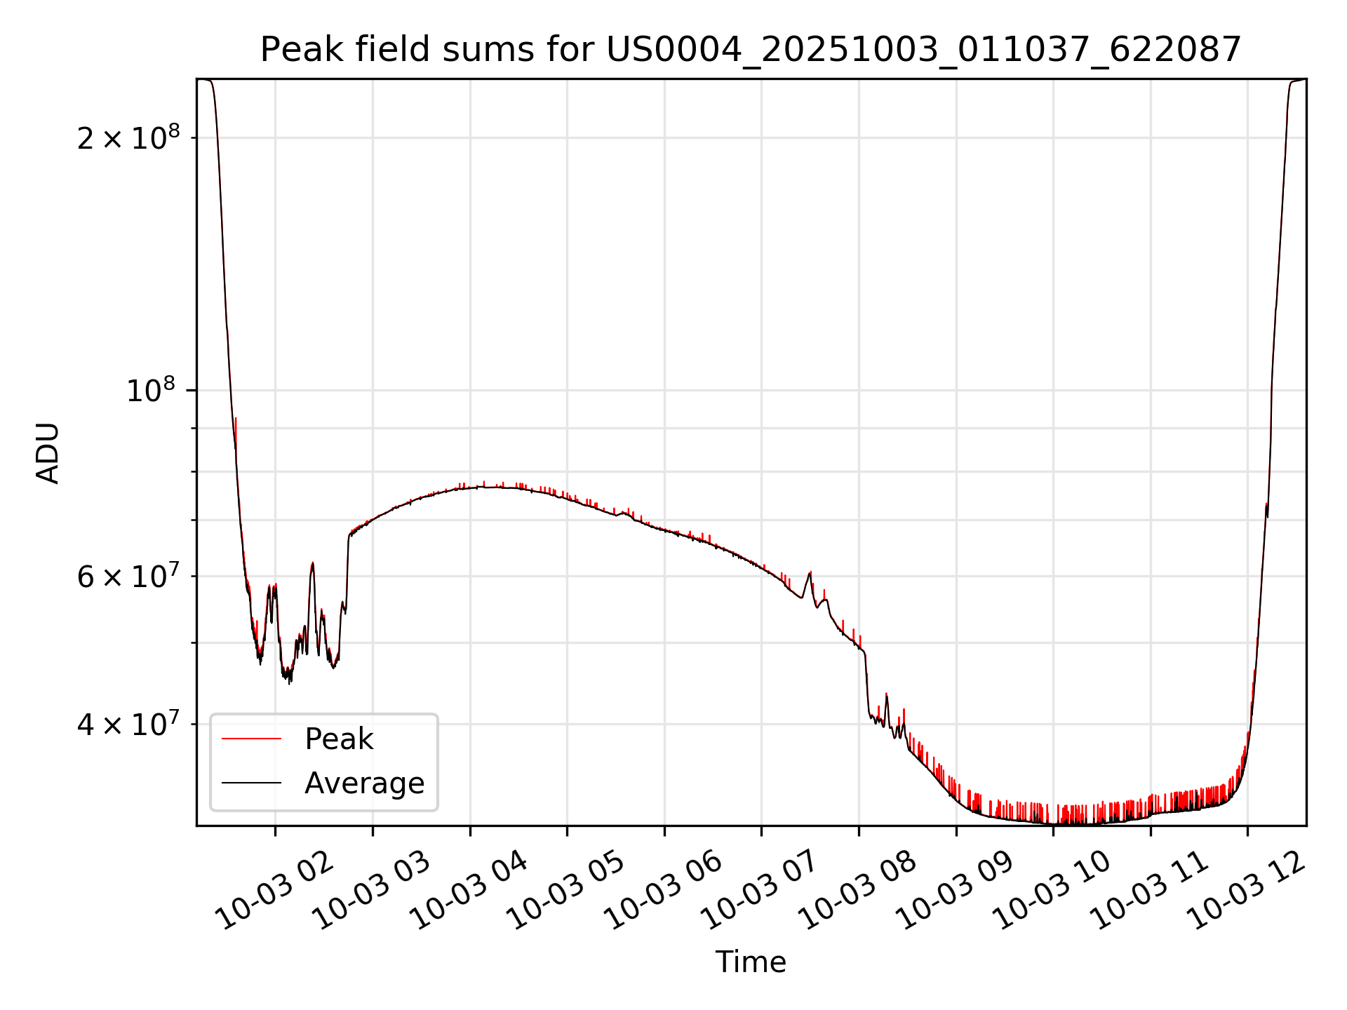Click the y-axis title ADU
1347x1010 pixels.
pos(48,453)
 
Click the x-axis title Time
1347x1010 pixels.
pos(751,962)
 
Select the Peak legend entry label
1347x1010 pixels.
pos(339,739)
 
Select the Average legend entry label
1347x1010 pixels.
pos(364,783)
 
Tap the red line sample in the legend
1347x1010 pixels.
pos(251,739)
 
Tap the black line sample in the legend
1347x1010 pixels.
pos(251,783)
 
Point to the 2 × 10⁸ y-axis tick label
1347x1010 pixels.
pos(128,138)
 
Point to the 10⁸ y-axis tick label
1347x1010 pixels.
pos(151,391)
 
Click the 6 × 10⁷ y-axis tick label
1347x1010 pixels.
pos(128,577)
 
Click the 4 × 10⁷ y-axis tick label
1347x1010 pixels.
pos(128,725)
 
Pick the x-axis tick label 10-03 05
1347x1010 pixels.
pos(565,891)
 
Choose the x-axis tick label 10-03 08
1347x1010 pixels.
pos(857,891)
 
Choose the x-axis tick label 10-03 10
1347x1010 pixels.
pos(1052,891)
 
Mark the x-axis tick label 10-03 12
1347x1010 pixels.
pos(1246,891)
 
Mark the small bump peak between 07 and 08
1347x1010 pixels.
pos(810,573)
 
